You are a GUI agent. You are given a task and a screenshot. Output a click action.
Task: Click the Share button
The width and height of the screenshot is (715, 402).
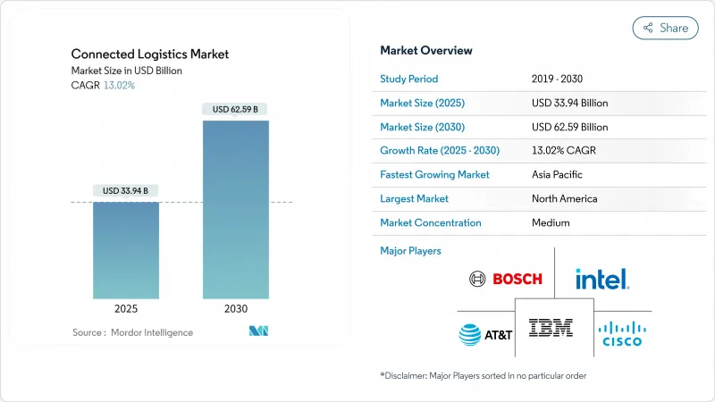pyautogui.click(x=666, y=28)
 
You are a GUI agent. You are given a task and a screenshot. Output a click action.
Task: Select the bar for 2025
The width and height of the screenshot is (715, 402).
pyautogui.click(x=126, y=250)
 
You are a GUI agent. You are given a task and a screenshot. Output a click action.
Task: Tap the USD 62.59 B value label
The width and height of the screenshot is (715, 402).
pyautogui.click(x=236, y=109)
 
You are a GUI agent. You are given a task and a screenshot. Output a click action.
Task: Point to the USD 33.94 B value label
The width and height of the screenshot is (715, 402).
pyautogui.click(x=126, y=190)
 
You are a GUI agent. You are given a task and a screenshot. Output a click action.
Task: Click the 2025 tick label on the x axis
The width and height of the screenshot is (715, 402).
pyautogui.click(x=126, y=308)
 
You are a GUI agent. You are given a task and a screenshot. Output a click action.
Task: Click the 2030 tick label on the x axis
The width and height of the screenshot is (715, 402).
pyautogui.click(x=236, y=308)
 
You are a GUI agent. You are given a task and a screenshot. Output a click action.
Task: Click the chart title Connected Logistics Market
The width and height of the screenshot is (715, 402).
pyautogui.click(x=150, y=54)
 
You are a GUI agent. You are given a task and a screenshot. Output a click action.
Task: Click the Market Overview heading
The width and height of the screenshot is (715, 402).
pyautogui.click(x=426, y=51)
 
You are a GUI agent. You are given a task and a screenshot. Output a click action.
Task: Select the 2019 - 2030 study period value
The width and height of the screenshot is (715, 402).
pyautogui.click(x=563, y=79)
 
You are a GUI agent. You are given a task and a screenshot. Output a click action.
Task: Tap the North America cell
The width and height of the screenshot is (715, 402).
pyautogui.click(x=564, y=198)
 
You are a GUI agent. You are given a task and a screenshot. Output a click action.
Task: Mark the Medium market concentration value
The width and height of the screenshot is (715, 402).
pyautogui.click(x=551, y=222)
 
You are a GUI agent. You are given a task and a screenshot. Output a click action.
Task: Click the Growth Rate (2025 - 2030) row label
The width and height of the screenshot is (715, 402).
pyautogui.click(x=440, y=151)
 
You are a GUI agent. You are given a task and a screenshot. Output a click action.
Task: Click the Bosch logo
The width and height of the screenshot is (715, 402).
pyautogui.click(x=506, y=280)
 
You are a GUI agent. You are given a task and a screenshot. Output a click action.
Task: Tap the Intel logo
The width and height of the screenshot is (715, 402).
pyautogui.click(x=602, y=280)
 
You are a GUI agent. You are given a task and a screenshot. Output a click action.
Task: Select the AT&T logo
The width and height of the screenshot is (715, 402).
pyautogui.click(x=485, y=334)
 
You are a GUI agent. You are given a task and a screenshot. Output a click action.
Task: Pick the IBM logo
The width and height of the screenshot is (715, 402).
pyautogui.click(x=551, y=328)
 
